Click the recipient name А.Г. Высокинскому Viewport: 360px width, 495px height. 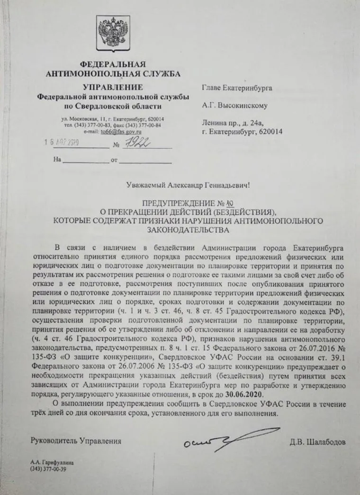[235, 106]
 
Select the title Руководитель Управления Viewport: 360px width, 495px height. [75, 441]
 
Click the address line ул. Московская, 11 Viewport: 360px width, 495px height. [88, 118]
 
